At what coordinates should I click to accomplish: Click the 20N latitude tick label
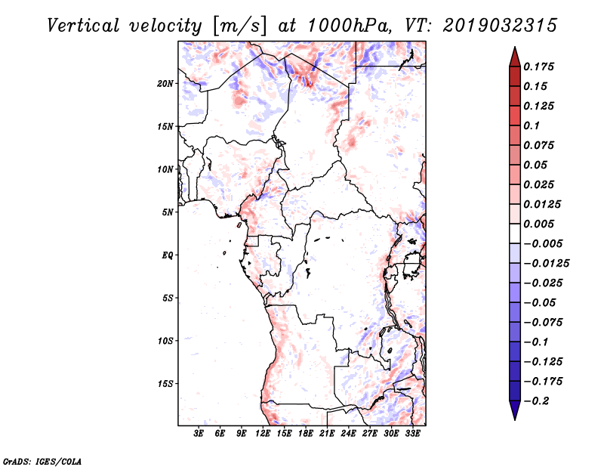point(165,84)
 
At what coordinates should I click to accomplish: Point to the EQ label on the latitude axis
point(168,255)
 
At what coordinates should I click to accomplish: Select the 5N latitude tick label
point(168,212)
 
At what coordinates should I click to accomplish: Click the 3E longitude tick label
point(199,433)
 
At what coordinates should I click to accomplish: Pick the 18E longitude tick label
point(306,433)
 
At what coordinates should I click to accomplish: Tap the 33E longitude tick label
point(412,433)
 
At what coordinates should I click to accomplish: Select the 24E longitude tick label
point(348,433)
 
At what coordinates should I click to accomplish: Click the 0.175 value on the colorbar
point(538,66)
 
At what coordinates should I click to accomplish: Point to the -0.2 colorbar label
point(536,401)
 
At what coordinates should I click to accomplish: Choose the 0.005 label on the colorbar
point(538,224)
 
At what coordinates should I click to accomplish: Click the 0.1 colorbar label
point(532,125)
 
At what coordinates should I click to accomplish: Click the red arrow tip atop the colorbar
point(515,47)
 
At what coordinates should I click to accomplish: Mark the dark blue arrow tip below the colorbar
point(515,419)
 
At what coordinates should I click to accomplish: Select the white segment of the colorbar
point(515,233)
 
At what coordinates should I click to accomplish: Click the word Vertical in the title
point(83,26)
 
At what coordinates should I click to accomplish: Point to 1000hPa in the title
point(347,26)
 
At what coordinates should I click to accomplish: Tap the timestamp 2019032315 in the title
point(500,26)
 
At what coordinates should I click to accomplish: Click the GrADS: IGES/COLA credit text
point(42,461)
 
